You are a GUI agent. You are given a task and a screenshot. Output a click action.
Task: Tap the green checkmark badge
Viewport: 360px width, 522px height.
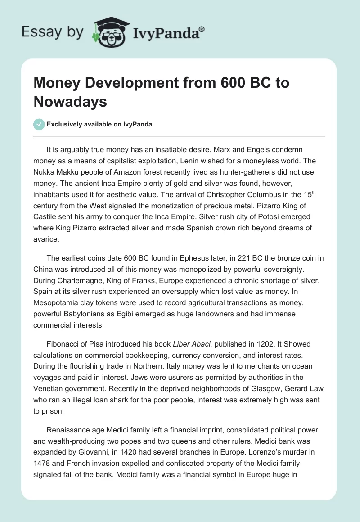[x=40, y=124]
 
